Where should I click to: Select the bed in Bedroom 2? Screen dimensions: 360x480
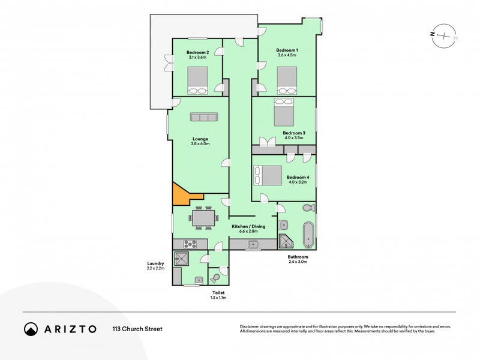(198, 80)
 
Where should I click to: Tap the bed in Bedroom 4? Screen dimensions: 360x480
(268, 175)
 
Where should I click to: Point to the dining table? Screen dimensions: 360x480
(203, 218)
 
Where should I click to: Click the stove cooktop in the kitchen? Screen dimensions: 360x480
(190, 244)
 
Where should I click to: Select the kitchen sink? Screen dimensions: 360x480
(254, 245)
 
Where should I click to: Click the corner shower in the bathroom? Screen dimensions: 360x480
(286, 242)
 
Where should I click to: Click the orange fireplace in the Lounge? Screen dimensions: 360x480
(180, 195)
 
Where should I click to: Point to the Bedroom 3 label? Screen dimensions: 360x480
(295, 133)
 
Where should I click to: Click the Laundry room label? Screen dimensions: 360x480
(156, 263)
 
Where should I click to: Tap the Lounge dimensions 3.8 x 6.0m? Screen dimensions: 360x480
(200, 144)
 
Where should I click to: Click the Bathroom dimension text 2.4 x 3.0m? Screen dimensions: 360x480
(298, 262)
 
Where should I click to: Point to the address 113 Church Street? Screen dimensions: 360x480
(137, 329)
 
